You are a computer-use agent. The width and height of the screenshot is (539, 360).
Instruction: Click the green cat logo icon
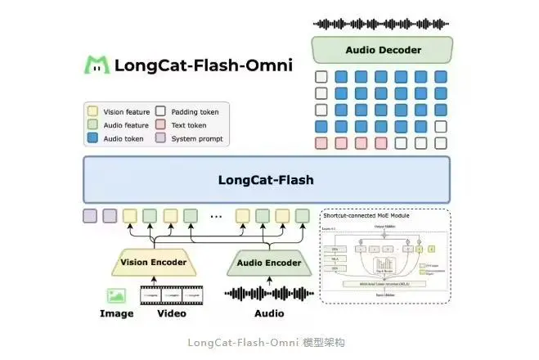[x=97, y=65]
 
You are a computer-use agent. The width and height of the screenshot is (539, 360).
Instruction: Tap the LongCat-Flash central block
[x=266, y=179]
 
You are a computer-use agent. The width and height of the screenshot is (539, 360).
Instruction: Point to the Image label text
[x=116, y=313]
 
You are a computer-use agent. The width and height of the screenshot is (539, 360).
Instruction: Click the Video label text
[x=171, y=313]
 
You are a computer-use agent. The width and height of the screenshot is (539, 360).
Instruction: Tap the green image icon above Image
[x=115, y=295]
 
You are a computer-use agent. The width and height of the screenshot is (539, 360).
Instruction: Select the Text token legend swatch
[x=161, y=125]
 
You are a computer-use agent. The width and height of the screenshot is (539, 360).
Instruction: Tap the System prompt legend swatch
[x=161, y=138]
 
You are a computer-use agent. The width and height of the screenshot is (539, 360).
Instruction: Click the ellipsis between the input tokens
[x=217, y=217]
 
